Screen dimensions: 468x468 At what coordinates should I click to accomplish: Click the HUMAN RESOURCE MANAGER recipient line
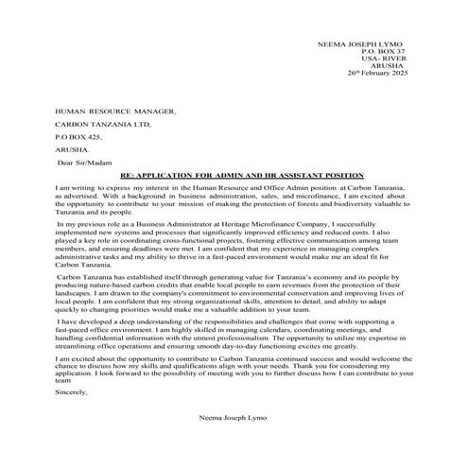pyautogui.click(x=116, y=111)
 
